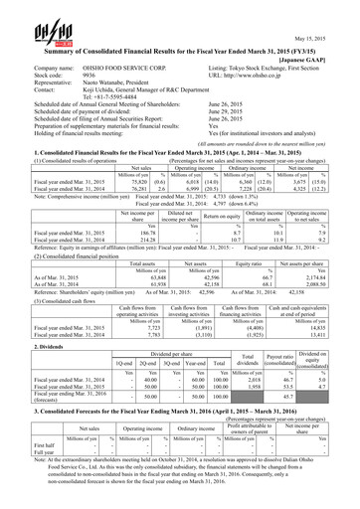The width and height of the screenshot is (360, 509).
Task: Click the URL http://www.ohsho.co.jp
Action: [x=255, y=75]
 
